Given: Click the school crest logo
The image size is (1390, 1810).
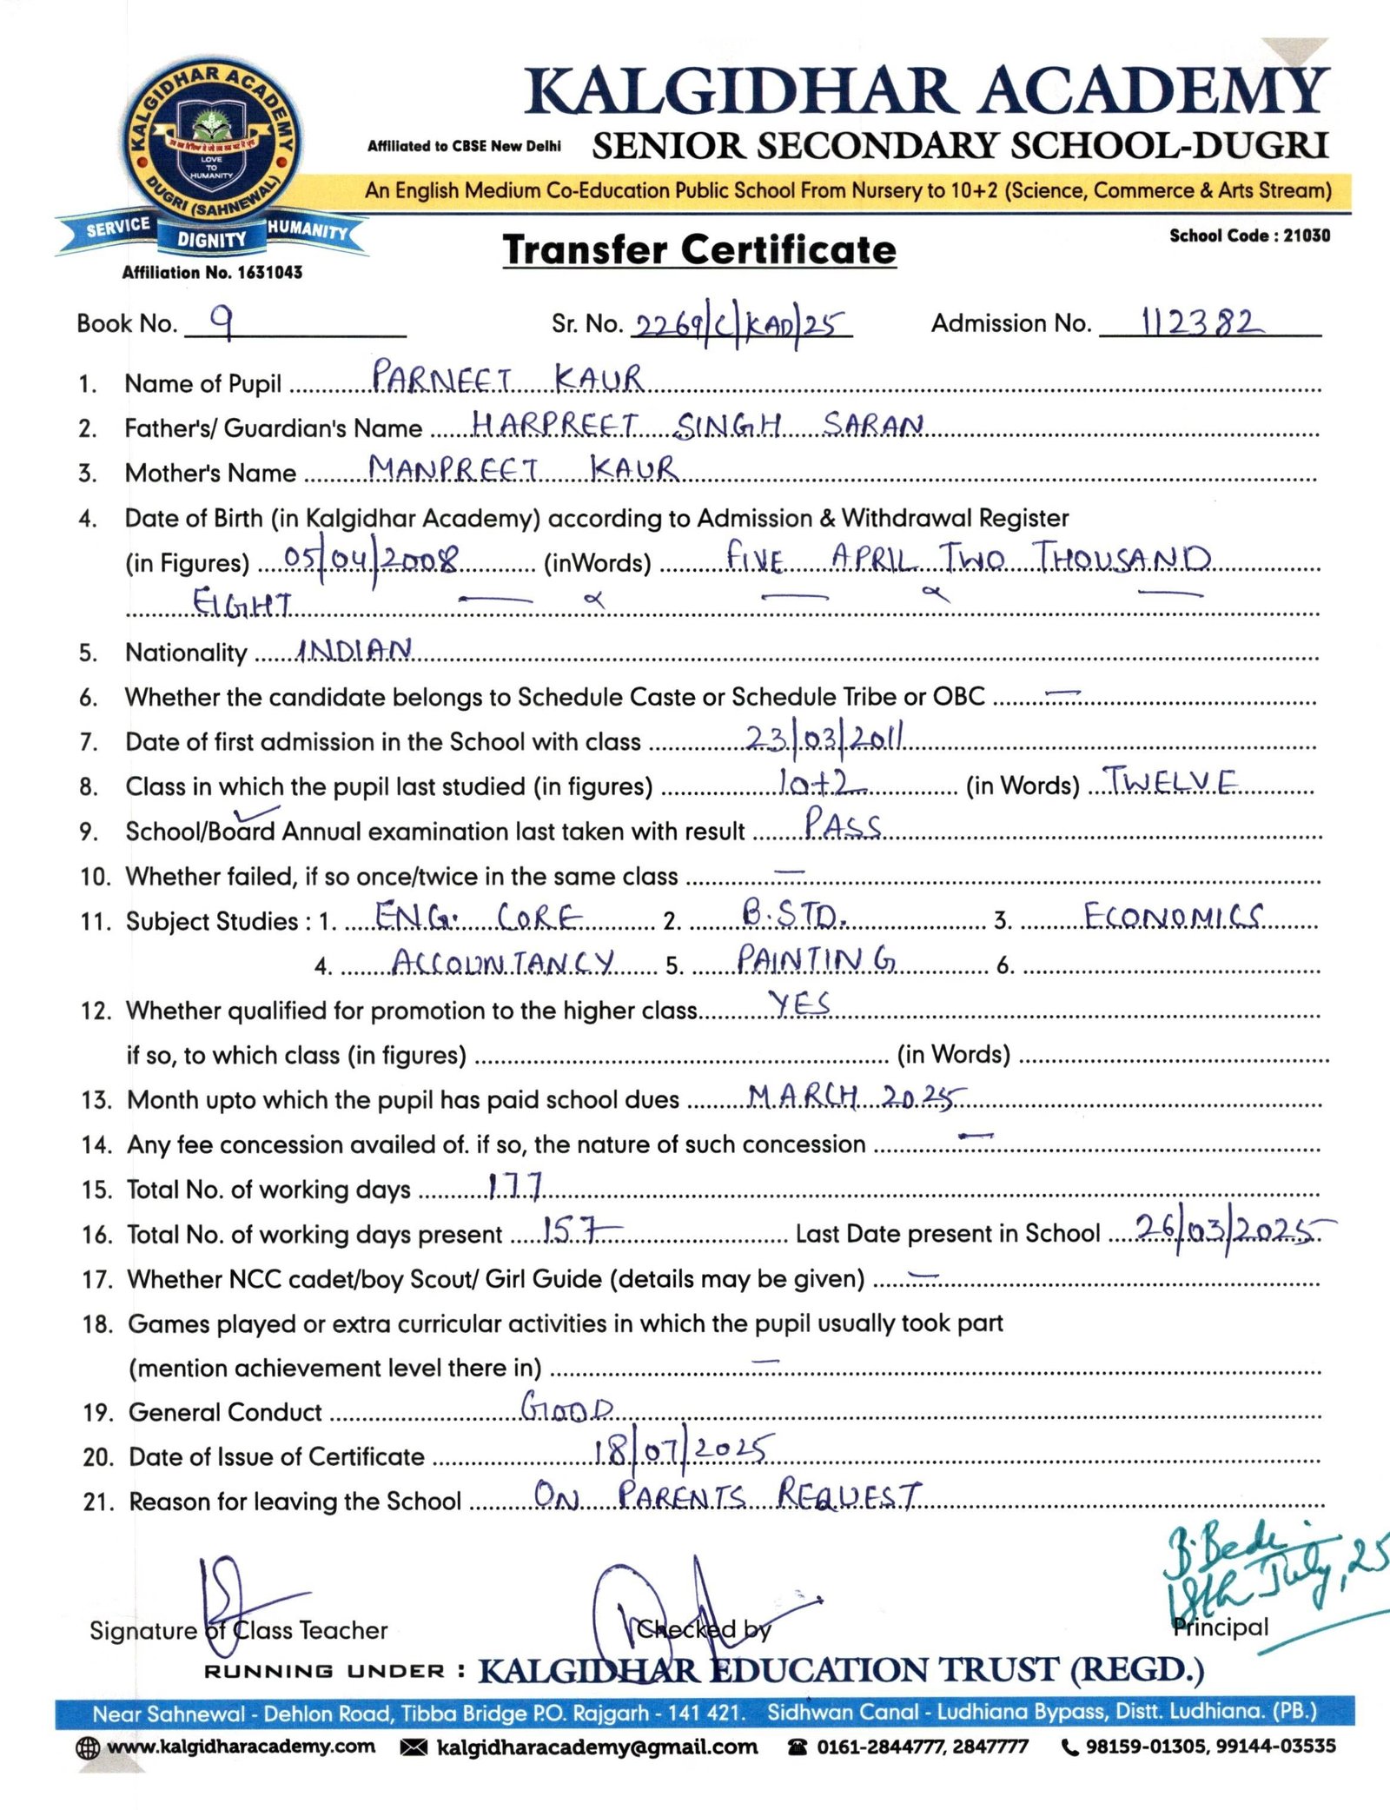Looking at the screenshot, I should (211, 149).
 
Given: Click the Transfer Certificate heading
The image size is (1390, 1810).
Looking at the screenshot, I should (699, 250).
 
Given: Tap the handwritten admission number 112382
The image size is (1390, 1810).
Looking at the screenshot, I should (1198, 322).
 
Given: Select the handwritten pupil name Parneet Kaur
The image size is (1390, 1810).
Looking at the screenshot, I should (507, 379).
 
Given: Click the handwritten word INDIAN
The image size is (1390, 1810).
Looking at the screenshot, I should (354, 650).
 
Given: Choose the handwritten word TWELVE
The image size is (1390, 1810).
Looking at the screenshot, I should (1169, 782).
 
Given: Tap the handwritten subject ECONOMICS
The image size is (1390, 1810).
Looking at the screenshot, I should (1173, 916).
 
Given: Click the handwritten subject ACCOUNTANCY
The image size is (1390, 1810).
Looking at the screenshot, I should (503, 962).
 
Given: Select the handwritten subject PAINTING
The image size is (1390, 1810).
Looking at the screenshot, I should (816, 959).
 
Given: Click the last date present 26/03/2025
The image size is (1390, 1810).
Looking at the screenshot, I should (1225, 1230).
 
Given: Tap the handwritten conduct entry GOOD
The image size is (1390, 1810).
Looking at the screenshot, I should (566, 1408).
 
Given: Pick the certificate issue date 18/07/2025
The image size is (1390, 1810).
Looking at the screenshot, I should (679, 1451).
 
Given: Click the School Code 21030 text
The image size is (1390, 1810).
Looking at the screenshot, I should (1249, 235).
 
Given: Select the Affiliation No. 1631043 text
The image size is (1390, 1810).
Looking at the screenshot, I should (212, 273).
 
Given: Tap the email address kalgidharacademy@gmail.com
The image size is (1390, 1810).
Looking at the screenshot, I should (596, 1747).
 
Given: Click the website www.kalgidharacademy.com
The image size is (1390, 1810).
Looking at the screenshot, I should (240, 1747).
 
